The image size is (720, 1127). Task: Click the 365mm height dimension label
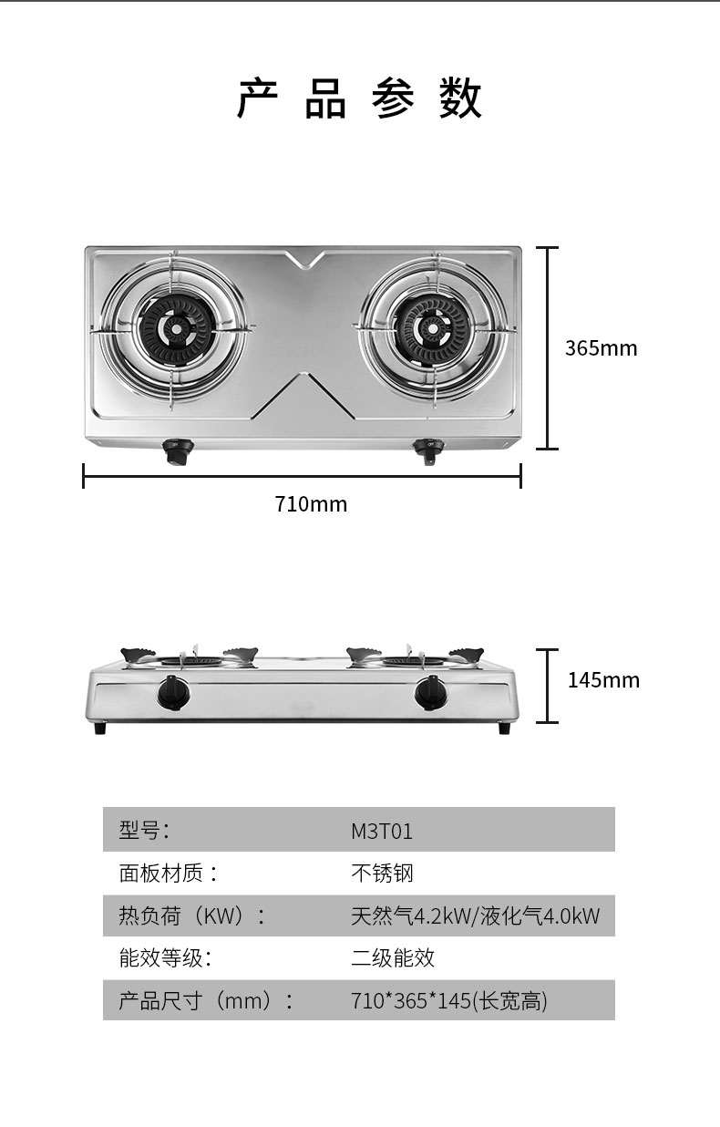point(601,348)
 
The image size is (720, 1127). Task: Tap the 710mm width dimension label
point(311,503)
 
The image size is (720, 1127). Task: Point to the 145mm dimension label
point(603,680)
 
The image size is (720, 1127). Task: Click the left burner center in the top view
point(176,329)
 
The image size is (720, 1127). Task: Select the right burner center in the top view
point(432,329)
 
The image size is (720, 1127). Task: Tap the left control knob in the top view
point(178,451)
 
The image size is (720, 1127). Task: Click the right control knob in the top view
point(427,450)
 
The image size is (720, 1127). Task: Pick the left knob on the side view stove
point(174,693)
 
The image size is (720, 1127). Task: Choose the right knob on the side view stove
point(431,693)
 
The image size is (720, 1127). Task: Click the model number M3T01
point(382,832)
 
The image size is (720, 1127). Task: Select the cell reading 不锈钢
point(382,874)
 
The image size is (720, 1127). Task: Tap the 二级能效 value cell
point(393,958)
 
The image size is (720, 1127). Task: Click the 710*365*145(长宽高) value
point(449,1001)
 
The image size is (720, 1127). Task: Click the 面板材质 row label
point(168,874)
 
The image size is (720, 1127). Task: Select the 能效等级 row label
point(166,958)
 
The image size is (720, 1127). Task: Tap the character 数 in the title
point(460,98)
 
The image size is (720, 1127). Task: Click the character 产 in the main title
point(257,98)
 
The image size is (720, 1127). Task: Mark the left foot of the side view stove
point(100,728)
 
